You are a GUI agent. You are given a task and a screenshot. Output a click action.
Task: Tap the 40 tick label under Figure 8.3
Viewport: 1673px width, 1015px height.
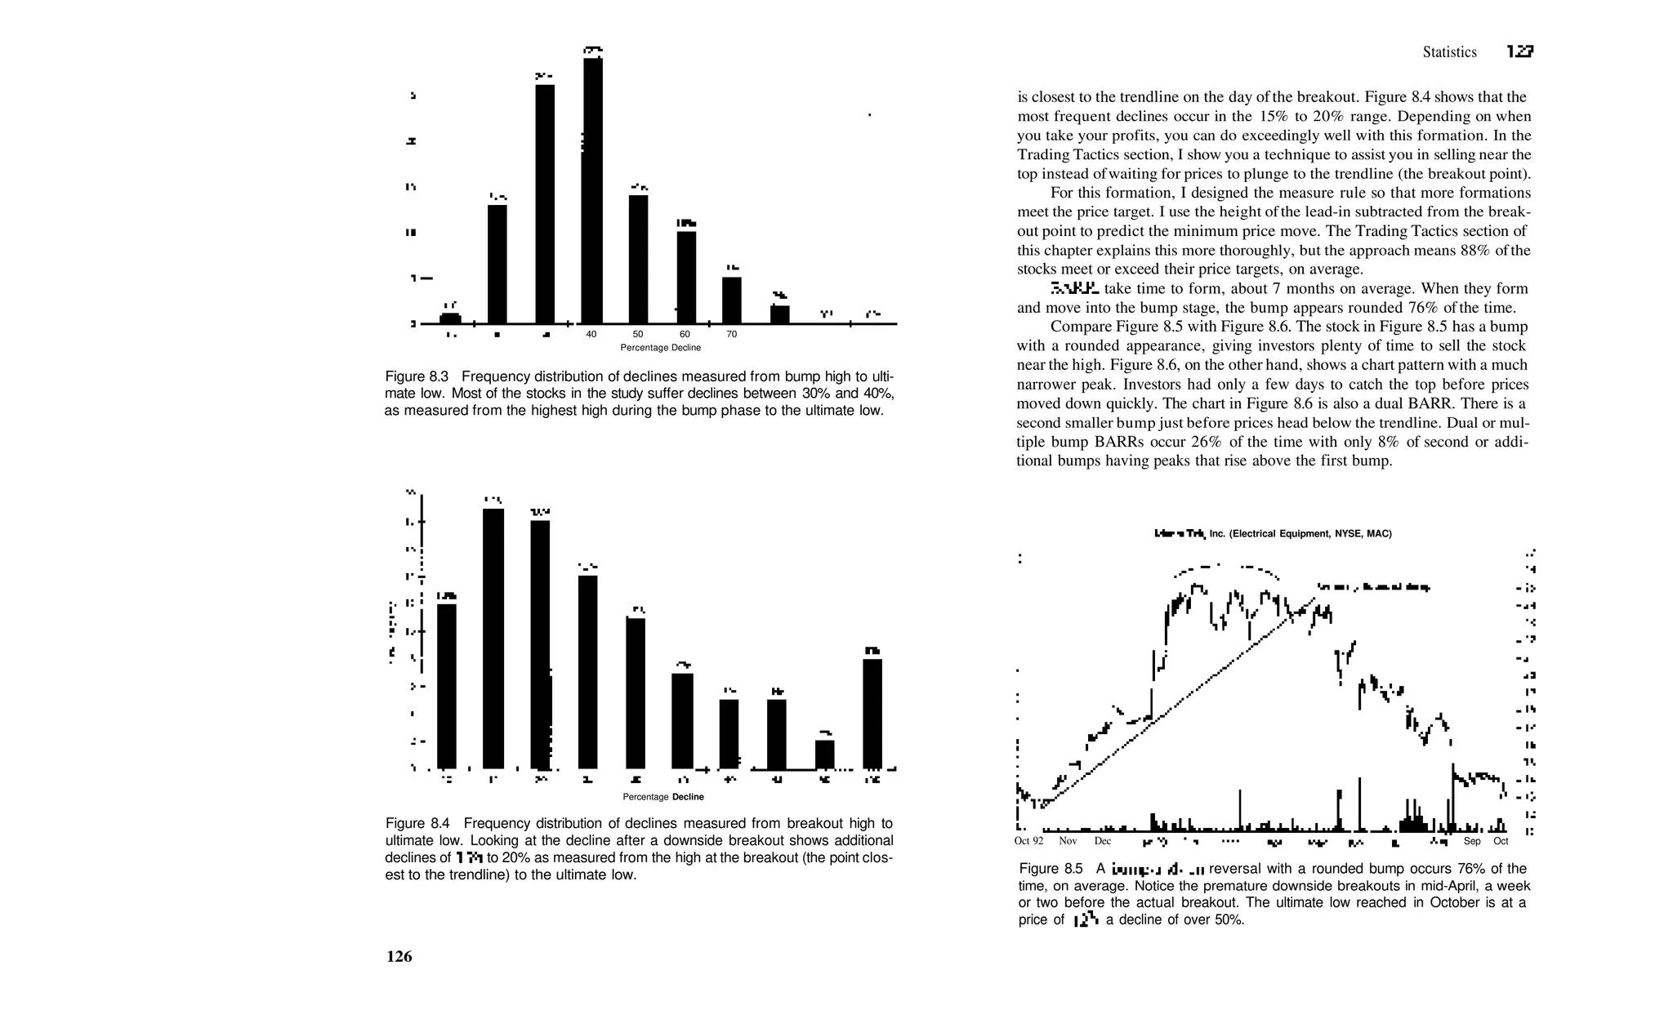(x=591, y=335)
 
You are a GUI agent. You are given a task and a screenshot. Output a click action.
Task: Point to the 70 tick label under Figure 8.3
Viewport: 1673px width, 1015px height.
(x=732, y=335)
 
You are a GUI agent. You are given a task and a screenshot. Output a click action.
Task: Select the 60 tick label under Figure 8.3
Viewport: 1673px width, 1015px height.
(x=685, y=335)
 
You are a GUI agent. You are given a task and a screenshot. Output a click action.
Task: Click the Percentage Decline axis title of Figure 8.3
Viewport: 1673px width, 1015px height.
(x=660, y=348)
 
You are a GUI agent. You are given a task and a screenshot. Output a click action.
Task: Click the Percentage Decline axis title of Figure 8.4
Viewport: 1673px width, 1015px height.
(x=663, y=797)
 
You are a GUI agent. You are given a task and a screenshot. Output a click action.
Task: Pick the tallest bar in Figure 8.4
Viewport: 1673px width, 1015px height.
(x=493, y=638)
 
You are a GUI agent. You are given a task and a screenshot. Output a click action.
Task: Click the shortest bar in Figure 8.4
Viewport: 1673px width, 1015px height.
(x=825, y=754)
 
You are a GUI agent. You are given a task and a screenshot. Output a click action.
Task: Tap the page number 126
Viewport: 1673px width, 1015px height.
(x=399, y=957)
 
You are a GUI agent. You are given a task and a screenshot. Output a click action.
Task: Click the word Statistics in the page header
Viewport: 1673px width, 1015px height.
(x=1449, y=52)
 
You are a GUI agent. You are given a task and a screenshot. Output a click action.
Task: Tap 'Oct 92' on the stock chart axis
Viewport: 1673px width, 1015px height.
(x=1028, y=841)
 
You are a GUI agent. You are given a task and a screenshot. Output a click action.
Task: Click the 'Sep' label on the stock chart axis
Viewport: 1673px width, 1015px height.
(x=1472, y=841)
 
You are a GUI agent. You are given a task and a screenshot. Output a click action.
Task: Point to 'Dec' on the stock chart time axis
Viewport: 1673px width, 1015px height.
(x=1103, y=841)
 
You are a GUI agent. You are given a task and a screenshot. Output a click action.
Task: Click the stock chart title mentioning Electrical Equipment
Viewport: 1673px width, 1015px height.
(x=1273, y=534)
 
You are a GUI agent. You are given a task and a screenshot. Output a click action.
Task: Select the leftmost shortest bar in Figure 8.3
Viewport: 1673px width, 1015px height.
(x=450, y=318)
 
